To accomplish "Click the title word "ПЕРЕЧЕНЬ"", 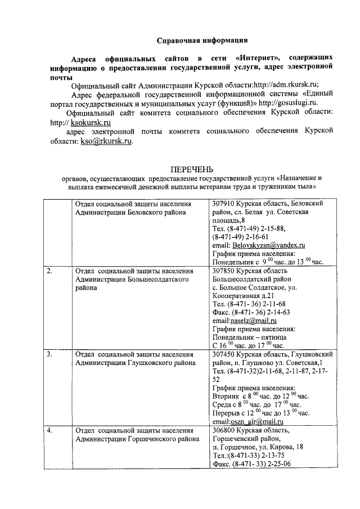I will point(192,169).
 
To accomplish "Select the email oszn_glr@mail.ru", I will point(256,421).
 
